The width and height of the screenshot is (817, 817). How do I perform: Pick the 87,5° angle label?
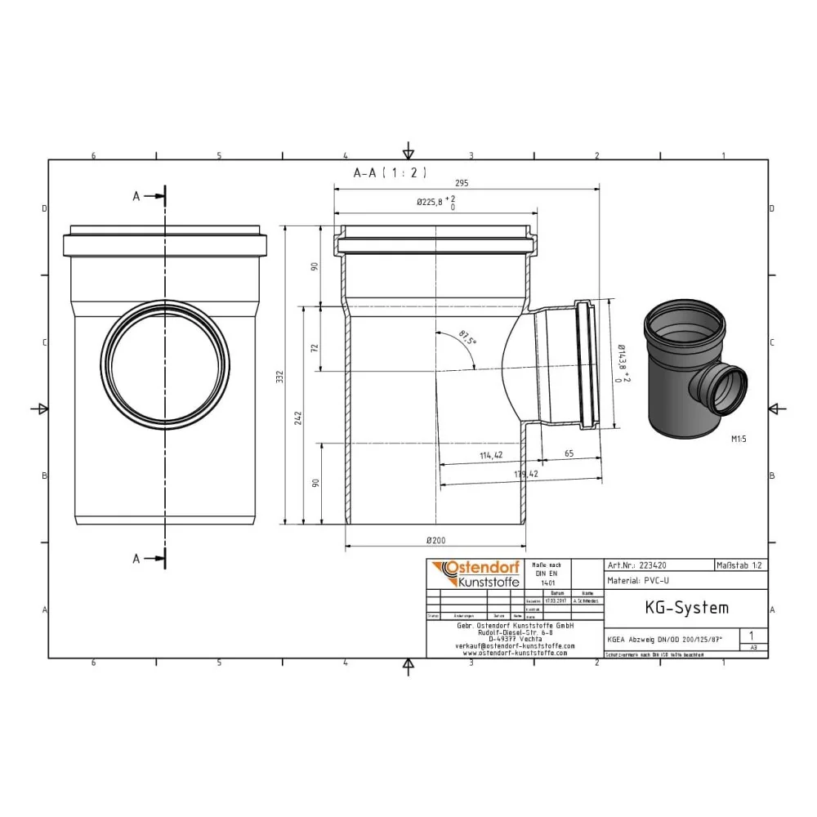[467, 337]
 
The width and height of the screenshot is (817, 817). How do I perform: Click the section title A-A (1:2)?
[390, 172]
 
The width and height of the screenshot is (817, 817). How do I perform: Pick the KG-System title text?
[675, 608]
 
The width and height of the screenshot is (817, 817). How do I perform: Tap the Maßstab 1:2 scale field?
[739, 565]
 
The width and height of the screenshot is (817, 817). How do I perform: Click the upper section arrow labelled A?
[150, 196]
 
